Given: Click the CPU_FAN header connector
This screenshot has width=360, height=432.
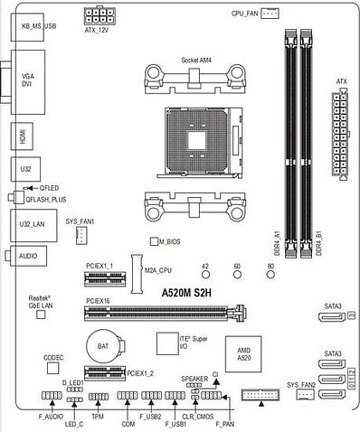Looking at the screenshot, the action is [270, 14].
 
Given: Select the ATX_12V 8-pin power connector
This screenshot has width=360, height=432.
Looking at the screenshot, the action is [99, 15].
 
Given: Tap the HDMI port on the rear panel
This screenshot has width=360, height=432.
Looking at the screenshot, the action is [22, 136].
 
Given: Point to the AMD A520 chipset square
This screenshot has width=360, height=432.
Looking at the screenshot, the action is [243, 354].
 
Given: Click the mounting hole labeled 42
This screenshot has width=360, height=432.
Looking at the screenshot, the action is [205, 275].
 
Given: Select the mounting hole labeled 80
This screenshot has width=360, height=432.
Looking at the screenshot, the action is [270, 275].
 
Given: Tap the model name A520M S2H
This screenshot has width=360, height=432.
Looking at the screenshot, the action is [186, 293].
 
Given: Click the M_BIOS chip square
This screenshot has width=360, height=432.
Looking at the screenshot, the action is [154, 241].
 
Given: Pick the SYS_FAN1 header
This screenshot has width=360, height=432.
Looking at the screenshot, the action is [80, 235].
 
